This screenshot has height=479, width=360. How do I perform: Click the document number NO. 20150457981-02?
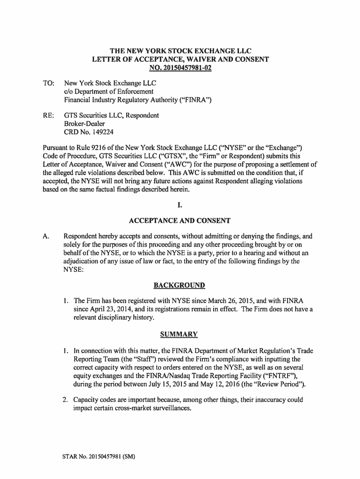click(180, 68)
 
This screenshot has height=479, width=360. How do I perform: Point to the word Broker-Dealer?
click(85, 123)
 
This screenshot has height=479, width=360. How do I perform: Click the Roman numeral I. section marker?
click(180, 205)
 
